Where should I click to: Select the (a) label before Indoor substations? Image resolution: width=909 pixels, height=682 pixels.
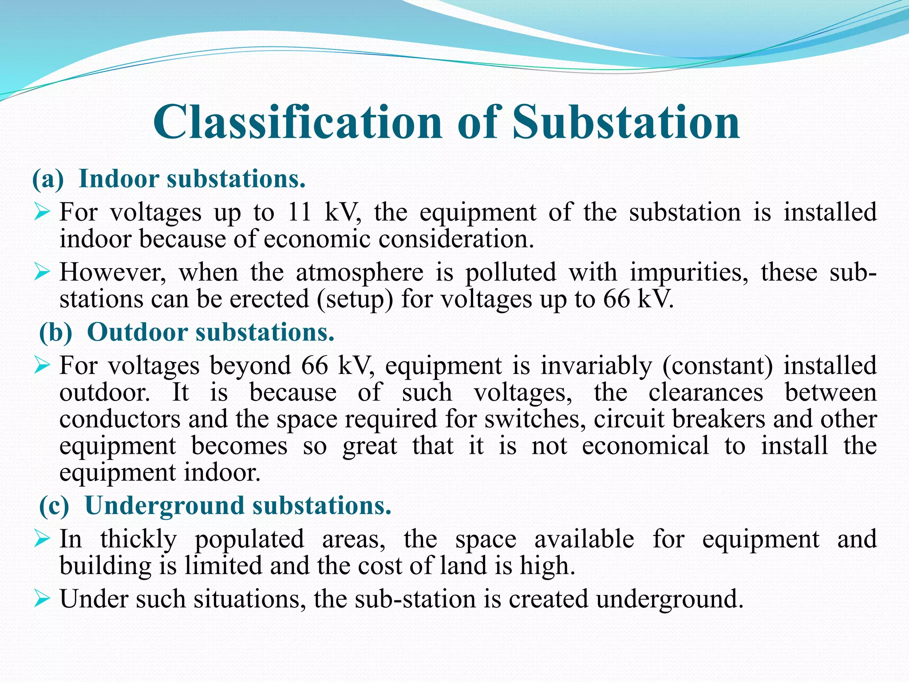tap(48, 179)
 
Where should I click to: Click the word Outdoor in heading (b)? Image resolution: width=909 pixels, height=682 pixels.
tap(138, 332)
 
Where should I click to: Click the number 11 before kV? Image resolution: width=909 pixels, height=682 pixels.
tap(299, 212)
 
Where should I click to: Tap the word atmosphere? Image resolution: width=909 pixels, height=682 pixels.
tap(360, 272)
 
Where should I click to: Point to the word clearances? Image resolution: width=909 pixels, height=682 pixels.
tap(706, 393)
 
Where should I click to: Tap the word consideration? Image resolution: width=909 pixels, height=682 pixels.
tap(456, 239)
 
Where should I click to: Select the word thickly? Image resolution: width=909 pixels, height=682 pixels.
tap(138, 539)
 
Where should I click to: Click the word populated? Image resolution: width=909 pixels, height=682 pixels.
tap(249, 539)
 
